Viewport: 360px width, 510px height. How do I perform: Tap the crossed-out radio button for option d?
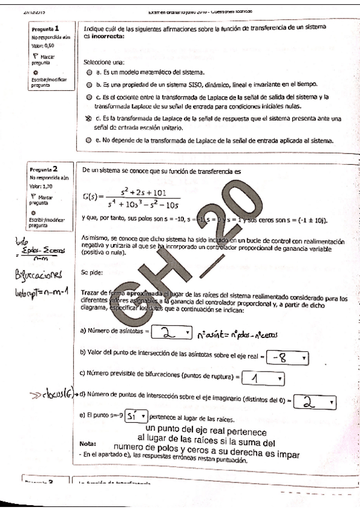pyautogui.click(x=89, y=120)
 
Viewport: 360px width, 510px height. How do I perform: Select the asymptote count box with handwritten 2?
pyautogui.click(x=171, y=331)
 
